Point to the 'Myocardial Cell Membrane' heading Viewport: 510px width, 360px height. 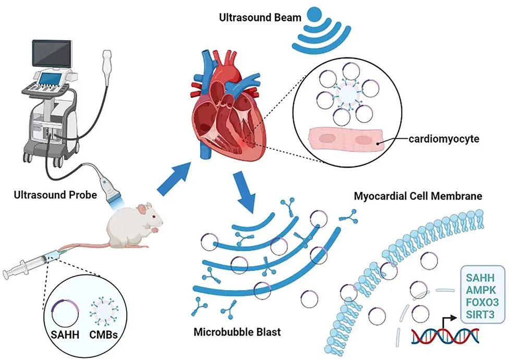(x=418, y=197)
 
